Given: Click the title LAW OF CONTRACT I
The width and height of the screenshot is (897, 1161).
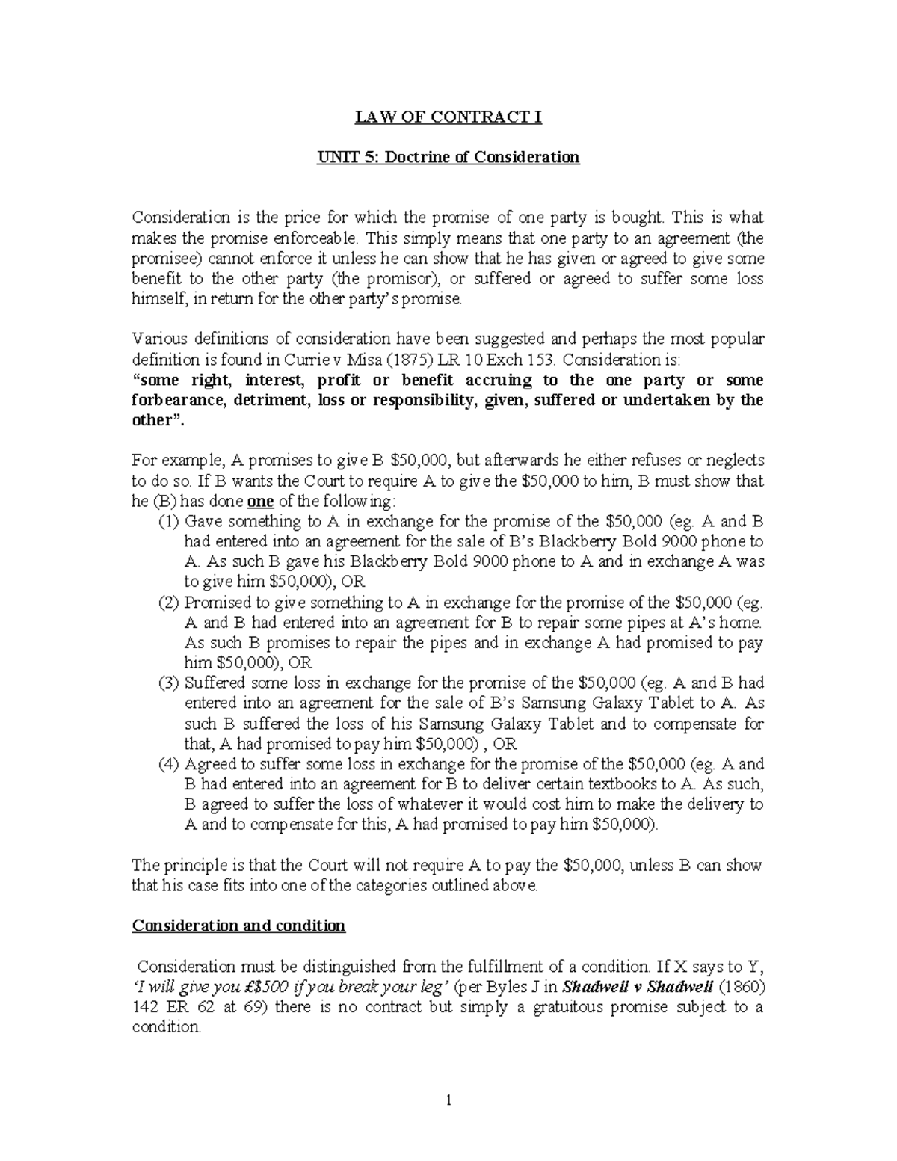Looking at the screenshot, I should coord(448,117).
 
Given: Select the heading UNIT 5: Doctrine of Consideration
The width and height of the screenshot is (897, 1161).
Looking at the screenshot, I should coord(448,158).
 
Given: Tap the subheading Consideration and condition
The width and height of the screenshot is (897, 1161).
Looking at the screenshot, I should coord(238,926).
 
